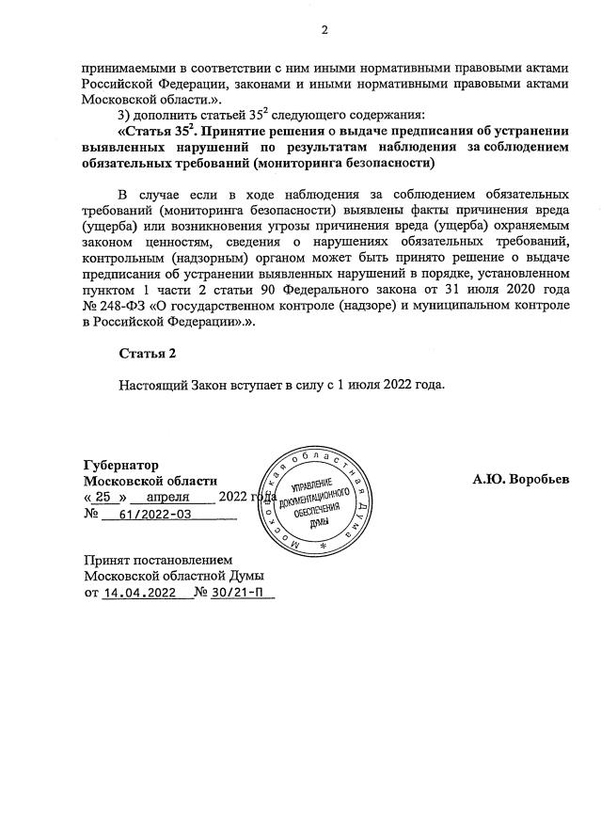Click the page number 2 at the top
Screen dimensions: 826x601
324,29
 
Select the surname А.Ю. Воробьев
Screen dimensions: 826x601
520,479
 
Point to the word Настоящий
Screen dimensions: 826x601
154,385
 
